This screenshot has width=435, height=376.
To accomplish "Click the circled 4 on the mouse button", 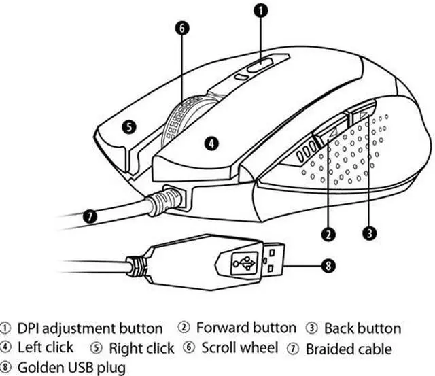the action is tap(212, 143).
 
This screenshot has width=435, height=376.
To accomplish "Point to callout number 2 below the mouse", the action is tap(328, 233).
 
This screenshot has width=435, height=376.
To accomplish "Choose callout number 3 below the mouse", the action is tap(369, 232).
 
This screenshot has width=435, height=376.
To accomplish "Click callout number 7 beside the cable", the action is tap(90, 217).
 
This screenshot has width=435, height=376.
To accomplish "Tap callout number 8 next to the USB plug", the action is tap(328, 266).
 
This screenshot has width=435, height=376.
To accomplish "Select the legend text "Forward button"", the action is tap(246, 328).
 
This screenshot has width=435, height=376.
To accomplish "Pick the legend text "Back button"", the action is tap(362, 329).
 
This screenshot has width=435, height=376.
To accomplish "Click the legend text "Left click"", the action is tap(46, 348).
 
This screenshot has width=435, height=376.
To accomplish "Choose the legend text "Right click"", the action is tap(141, 349).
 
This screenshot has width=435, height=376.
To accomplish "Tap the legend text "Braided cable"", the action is tap(349, 349).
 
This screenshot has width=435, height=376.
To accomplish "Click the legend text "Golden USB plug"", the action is tap(72, 368).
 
